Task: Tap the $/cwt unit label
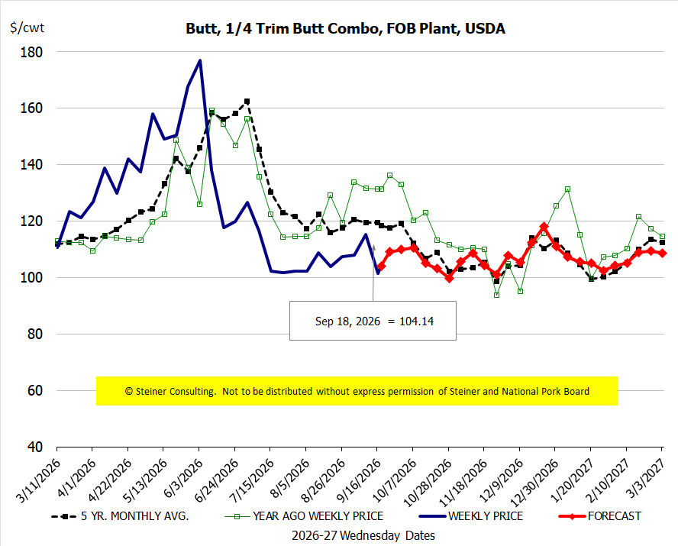click(27, 27)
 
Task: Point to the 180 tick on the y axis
click(31, 52)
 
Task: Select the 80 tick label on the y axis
click(35, 334)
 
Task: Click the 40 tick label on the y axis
click(35, 447)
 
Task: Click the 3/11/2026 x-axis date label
click(38, 480)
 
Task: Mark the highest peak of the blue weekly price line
click(200, 60)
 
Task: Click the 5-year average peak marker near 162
click(247, 101)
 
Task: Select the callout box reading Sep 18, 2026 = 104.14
click(373, 321)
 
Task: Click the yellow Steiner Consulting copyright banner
click(357, 391)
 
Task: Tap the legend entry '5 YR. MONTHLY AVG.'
click(120, 516)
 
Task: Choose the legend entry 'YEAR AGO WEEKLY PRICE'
click(305, 516)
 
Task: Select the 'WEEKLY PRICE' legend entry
click(471, 516)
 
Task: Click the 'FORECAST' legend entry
click(599, 516)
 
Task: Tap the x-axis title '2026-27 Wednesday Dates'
click(363, 535)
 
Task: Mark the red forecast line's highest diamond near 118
click(544, 227)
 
